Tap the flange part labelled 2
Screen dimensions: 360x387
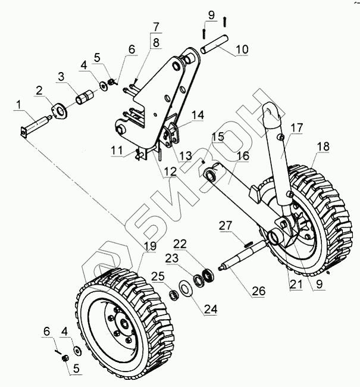tap(59, 111)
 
